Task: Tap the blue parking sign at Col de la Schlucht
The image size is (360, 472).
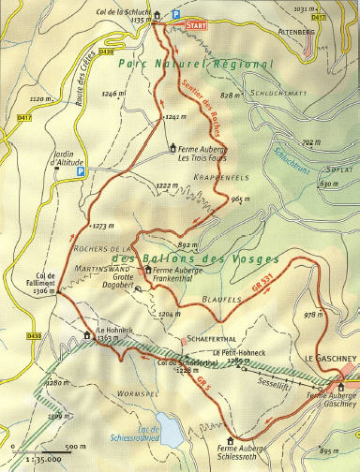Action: tap(172, 15)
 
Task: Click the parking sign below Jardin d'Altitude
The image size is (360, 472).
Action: tap(81, 171)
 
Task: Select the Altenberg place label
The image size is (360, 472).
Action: tap(333, 28)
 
